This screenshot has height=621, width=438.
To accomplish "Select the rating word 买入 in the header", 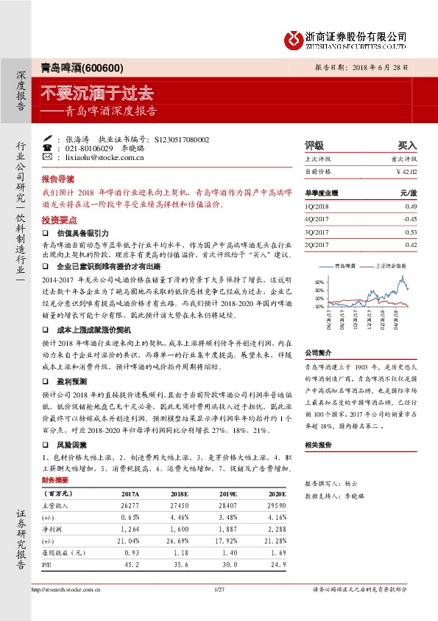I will coord(406,145).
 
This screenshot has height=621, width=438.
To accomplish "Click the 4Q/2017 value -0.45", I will coord(409,219).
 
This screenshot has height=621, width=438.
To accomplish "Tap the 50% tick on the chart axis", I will coord(318,282).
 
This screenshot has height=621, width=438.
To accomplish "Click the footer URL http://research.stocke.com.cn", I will coord(68,590).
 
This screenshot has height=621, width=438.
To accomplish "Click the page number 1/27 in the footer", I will coord(218,590).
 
